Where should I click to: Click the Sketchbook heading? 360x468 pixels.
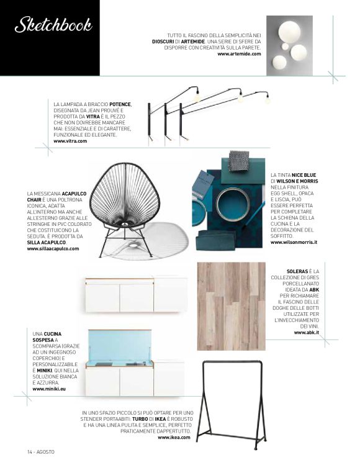(x=53, y=25)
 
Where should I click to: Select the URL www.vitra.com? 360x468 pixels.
(x=70, y=142)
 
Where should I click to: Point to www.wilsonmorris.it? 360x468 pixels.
(x=294, y=242)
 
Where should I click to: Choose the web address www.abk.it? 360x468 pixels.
(x=306, y=333)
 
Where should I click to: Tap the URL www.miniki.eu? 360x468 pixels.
(x=50, y=389)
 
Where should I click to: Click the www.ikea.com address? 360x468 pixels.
(x=174, y=437)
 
